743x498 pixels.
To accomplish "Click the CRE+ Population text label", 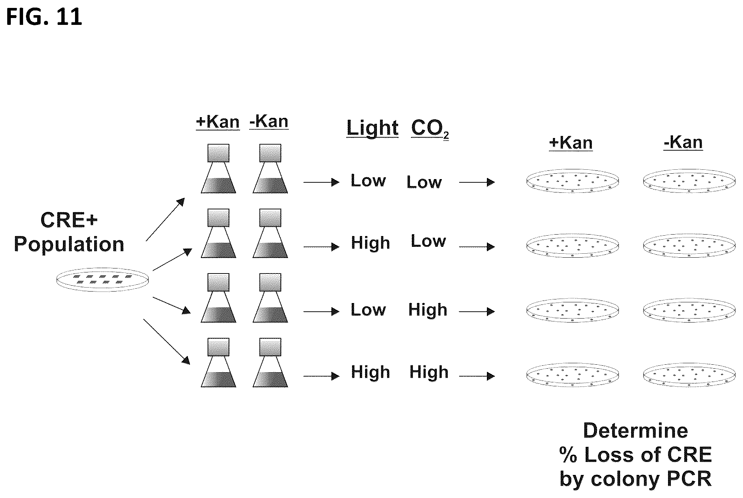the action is [69, 232].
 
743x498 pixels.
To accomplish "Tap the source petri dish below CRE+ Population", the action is [103, 280].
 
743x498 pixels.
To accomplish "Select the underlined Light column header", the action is [373, 128].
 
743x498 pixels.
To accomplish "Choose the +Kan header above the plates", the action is [571, 143].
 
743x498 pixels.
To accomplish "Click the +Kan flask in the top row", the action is [218, 169].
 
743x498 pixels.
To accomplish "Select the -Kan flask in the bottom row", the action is [270, 363].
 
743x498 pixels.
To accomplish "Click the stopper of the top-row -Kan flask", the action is [270, 153].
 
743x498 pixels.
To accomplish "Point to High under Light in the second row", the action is [370, 243].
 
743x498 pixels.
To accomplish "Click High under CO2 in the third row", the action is [428, 310].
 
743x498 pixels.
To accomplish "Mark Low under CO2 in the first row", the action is [424, 182].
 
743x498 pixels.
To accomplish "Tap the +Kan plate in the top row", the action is [572, 181].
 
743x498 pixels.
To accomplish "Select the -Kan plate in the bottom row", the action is [689, 374].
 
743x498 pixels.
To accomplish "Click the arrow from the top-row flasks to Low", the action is [321, 182].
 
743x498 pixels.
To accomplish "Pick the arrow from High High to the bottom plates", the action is [477, 376].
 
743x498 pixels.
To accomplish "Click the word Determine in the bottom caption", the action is [636, 431].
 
